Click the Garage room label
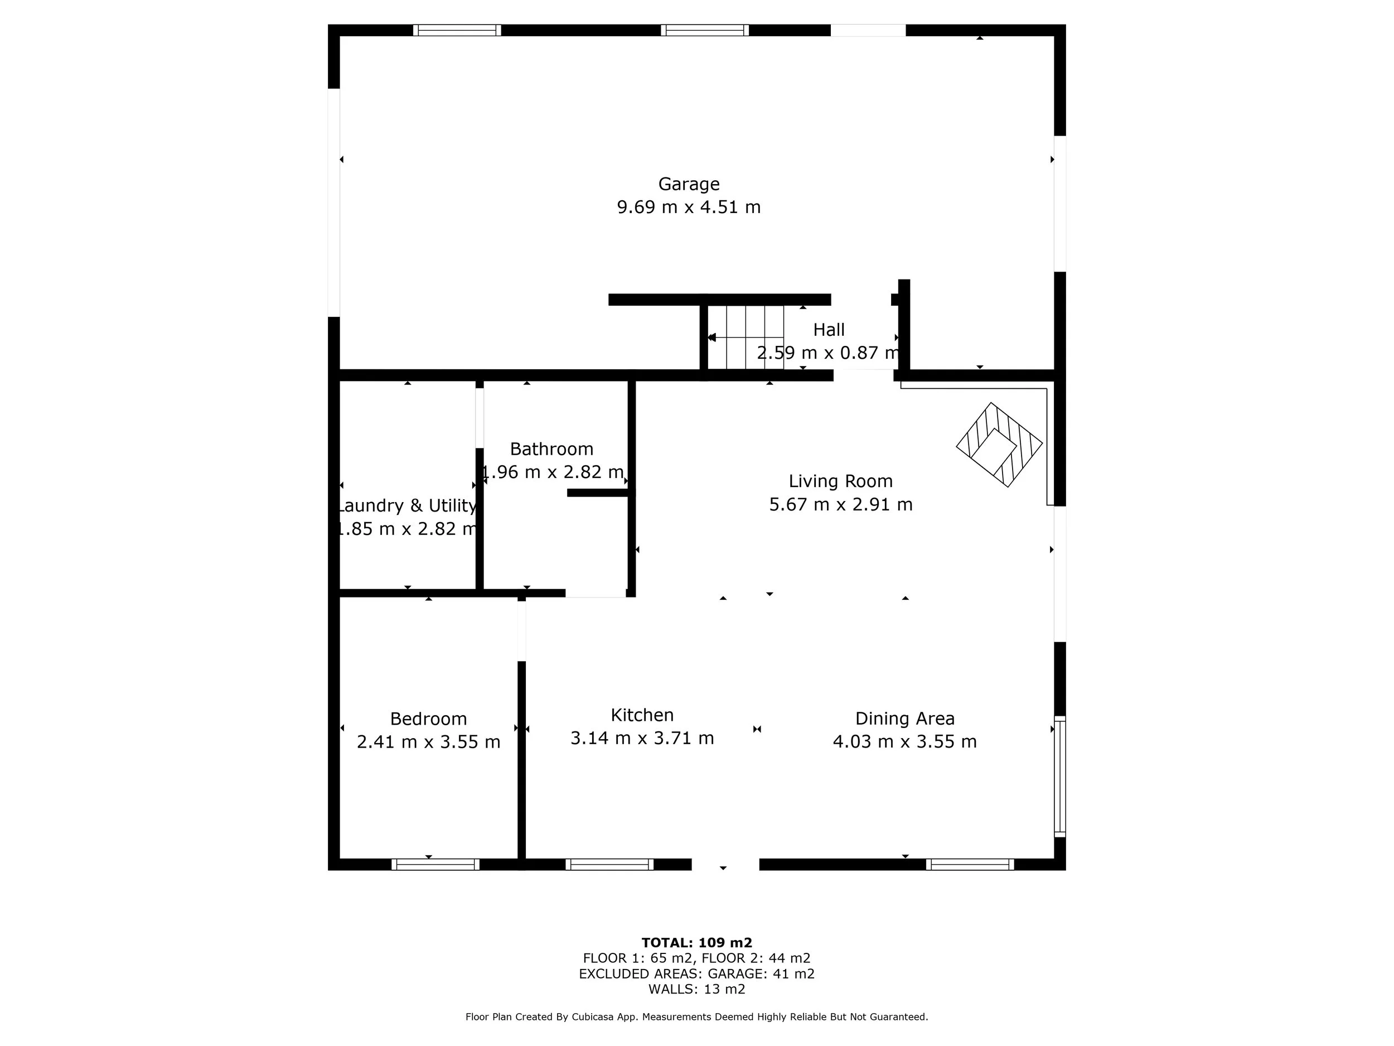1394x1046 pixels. click(x=689, y=184)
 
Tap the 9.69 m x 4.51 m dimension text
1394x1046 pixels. click(x=689, y=208)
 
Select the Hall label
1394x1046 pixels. click(x=829, y=330)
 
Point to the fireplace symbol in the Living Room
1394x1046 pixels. click(x=999, y=445)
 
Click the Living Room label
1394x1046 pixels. click(x=841, y=481)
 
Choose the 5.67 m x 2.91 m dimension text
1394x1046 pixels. click(x=841, y=504)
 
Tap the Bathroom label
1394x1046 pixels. click(x=551, y=449)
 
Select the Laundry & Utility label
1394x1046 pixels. click(x=407, y=505)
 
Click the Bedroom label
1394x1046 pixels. click(x=429, y=719)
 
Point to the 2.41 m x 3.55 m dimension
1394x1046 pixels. click(x=429, y=742)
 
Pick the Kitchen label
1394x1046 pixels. click(x=642, y=715)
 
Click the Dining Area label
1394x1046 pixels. click(x=905, y=719)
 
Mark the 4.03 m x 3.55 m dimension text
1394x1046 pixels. click(x=905, y=741)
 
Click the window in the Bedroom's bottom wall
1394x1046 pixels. click(x=435, y=865)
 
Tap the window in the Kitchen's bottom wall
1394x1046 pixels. click(x=609, y=865)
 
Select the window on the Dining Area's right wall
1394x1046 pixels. click(x=1060, y=777)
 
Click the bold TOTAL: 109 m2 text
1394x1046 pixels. click(x=697, y=943)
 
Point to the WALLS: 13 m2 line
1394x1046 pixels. click(x=697, y=989)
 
